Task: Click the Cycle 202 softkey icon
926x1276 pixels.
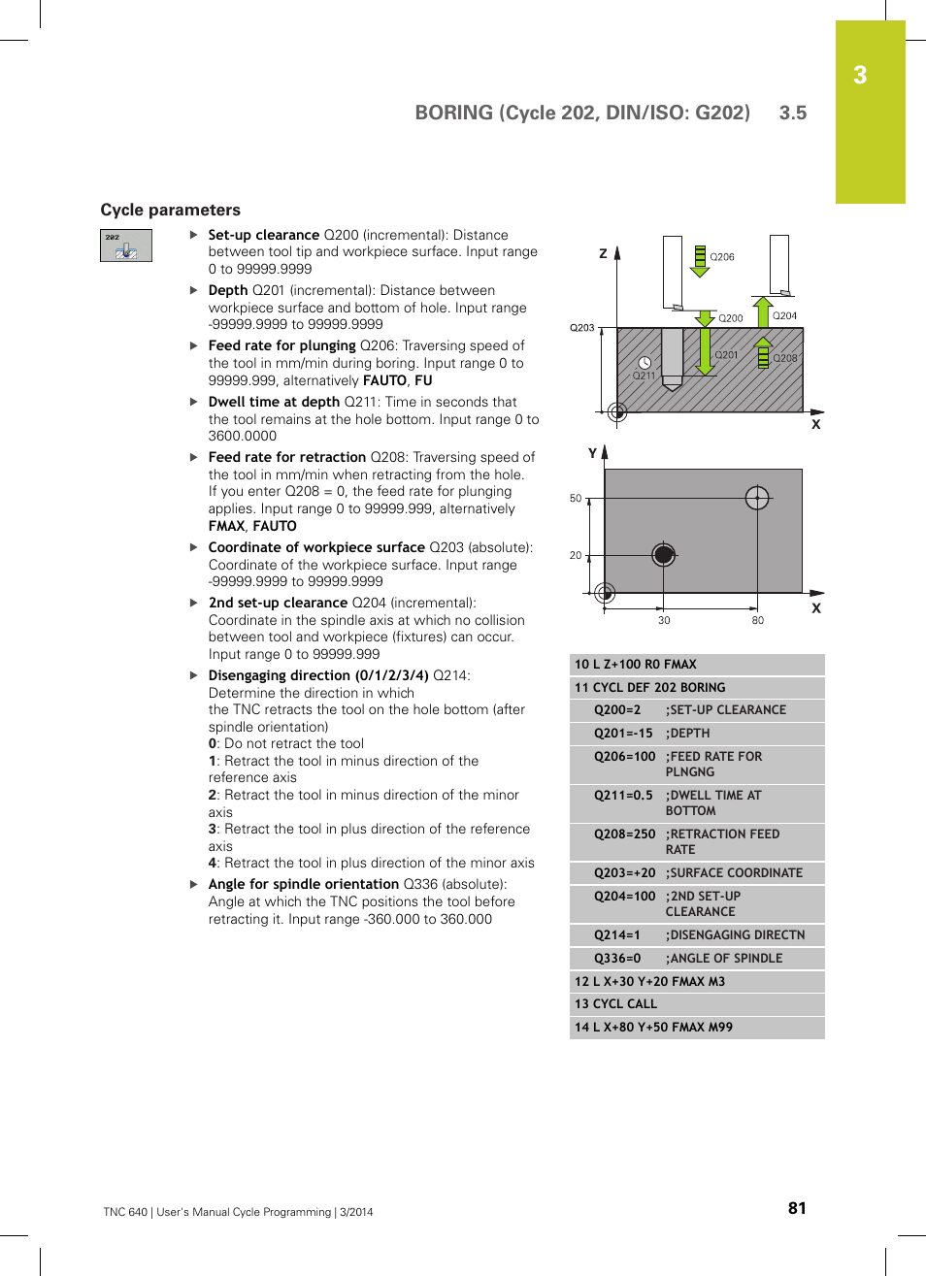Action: coord(126,245)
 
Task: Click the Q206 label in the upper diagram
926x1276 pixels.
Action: coord(722,257)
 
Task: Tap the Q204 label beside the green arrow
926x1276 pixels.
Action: coord(784,316)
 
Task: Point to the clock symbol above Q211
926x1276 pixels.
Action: coord(645,363)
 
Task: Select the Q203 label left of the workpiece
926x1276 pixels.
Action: coord(581,328)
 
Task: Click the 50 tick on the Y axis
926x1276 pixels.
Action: coord(576,499)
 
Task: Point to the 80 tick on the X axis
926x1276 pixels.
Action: coord(757,620)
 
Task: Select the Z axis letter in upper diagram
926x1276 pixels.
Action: coord(603,253)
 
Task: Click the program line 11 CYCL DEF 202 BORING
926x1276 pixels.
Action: coord(649,687)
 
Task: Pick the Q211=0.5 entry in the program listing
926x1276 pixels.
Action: coord(623,795)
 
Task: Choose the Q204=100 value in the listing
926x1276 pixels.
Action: coord(624,896)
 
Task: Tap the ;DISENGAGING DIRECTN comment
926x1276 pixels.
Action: coord(735,934)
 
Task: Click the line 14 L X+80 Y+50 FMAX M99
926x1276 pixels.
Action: coord(653,1027)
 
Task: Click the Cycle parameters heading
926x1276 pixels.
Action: coord(170,210)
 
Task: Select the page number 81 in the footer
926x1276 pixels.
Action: coord(796,1208)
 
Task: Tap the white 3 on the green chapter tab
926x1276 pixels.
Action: coord(860,76)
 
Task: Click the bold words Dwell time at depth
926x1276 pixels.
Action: coord(274,402)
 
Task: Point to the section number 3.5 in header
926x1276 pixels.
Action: coord(792,113)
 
